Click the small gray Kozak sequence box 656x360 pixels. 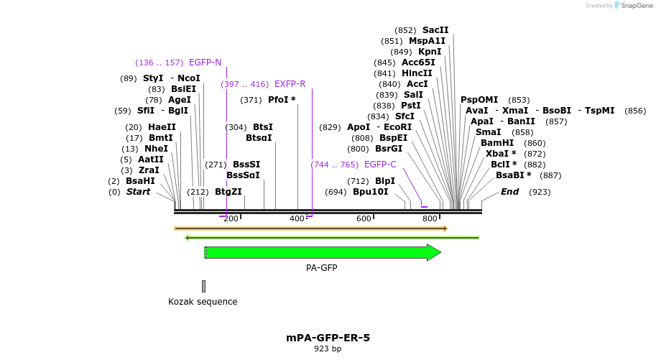(203, 286)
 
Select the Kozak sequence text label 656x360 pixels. (203, 302)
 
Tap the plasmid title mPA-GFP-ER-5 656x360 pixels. (328, 337)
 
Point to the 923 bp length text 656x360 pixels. (328, 349)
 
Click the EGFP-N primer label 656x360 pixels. (205, 63)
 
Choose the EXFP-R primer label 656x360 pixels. (290, 84)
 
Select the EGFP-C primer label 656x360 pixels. (380, 165)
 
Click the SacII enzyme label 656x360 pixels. (435, 30)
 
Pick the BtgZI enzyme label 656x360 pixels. (228, 192)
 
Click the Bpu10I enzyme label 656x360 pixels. (371, 192)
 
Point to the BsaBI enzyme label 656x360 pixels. (513, 175)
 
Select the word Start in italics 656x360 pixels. (139, 192)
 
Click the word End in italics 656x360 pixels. (509, 192)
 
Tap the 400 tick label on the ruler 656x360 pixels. (297, 218)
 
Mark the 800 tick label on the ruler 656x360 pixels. (430, 218)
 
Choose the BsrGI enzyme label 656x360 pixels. (389, 149)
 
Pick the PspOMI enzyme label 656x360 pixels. (479, 100)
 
